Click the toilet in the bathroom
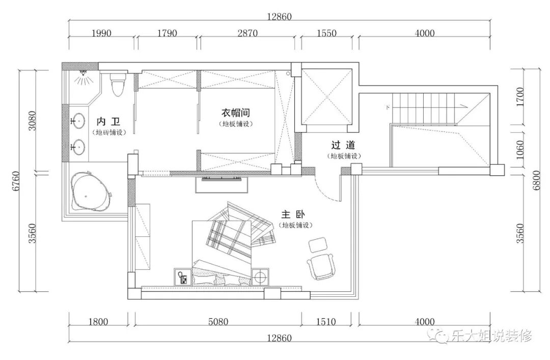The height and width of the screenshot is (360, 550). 118,84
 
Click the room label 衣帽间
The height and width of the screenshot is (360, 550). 236,113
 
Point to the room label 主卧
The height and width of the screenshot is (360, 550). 293,214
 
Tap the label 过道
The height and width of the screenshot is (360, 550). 343,145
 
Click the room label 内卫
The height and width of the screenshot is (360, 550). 108,121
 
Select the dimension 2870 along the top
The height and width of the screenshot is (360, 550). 248,33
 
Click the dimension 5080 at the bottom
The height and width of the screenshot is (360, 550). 218,321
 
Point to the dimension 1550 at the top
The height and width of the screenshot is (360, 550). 326,33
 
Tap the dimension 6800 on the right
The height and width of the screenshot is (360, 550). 537,181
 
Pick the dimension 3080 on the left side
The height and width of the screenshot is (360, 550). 32,121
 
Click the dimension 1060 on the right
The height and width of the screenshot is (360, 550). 520,150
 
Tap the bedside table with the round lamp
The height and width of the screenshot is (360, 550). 260,277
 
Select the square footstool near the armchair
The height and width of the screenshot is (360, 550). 318,245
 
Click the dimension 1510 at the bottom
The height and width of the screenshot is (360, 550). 326,321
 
